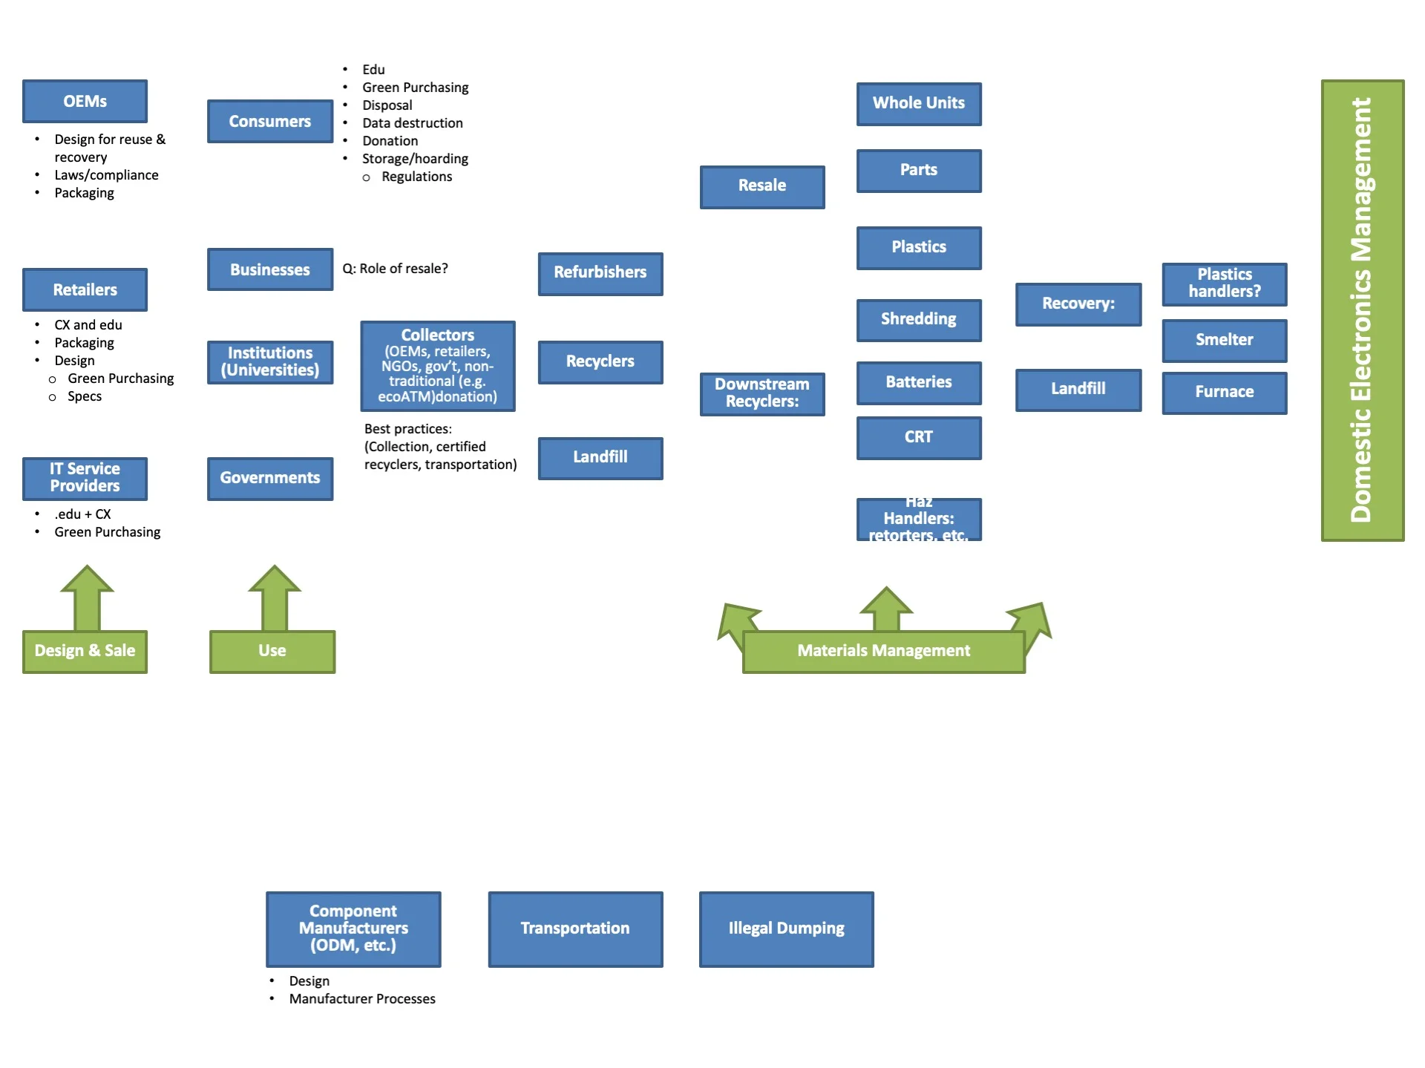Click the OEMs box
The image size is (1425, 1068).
click(85, 101)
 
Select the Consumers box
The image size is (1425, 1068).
click(269, 121)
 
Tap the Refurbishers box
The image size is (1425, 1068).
click(600, 272)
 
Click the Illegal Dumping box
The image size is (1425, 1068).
click(786, 928)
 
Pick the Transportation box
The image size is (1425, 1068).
click(574, 928)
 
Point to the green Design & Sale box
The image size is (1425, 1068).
click(85, 651)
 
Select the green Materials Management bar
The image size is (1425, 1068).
click(883, 651)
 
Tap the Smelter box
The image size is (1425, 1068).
click(1224, 340)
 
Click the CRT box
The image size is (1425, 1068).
click(918, 437)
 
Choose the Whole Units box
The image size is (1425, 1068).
click(918, 103)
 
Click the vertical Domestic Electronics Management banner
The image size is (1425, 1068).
click(1362, 310)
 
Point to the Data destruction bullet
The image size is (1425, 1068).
click(412, 123)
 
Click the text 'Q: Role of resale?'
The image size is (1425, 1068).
click(395, 269)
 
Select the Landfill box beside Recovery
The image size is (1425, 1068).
click(1078, 389)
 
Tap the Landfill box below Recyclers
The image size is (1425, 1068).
click(600, 457)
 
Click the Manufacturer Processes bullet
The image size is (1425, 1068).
click(361, 999)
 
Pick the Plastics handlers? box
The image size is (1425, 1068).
click(1224, 284)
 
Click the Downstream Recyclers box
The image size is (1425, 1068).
click(761, 393)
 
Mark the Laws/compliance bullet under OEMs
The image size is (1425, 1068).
click(106, 175)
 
